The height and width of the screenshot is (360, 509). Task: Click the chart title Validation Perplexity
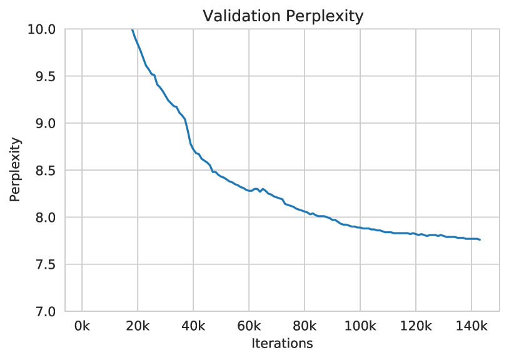point(283,17)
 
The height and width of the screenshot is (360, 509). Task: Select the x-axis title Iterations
point(282,343)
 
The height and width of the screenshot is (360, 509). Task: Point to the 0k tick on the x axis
point(82,326)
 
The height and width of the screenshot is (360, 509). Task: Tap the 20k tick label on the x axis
point(138,326)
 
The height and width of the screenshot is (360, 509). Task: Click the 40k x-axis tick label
point(193,326)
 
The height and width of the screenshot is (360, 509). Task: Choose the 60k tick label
point(249,326)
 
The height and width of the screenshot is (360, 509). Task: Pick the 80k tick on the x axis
point(305,326)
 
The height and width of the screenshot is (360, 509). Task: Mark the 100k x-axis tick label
point(360,326)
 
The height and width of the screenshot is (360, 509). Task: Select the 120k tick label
point(415,326)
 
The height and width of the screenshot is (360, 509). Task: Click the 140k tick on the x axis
point(471,326)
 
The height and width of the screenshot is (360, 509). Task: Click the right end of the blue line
point(480,240)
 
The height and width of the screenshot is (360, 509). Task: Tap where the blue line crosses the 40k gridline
point(193,149)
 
